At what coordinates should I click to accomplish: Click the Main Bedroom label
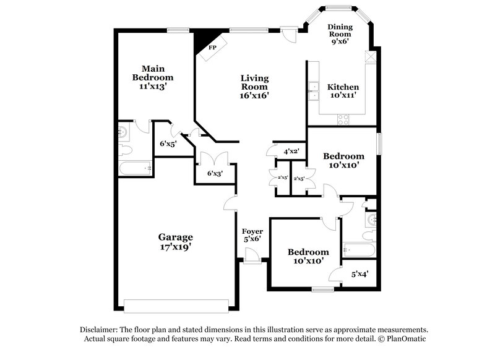(x=153, y=77)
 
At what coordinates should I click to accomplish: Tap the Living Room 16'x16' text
(x=254, y=87)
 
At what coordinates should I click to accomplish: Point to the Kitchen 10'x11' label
(x=343, y=92)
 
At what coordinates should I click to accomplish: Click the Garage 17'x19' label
(x=175, y=241)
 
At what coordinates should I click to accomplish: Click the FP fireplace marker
(x=212, y=48)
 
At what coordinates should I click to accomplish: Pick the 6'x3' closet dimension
(x=214, y=173)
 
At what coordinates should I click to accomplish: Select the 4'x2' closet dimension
(x=291, y=151)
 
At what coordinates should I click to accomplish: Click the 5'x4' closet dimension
(x=359, y=273)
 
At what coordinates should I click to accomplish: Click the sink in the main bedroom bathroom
(x=122, y=131)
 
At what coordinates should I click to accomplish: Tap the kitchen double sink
(x=313, y=91)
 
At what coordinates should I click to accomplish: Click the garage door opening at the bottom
(x=176, y=305)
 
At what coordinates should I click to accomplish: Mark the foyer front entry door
(x=251, y=255)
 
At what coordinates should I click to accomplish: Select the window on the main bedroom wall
(x=178, y=28)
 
